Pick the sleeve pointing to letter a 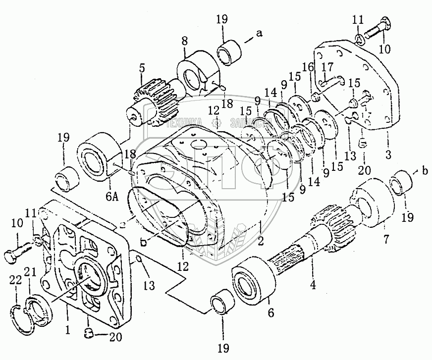229,51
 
